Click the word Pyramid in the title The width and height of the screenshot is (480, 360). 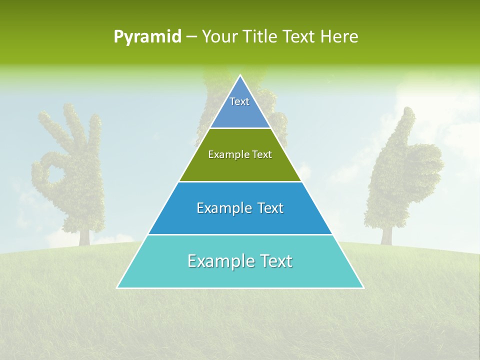point(147,37)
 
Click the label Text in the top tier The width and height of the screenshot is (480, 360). point(239,101)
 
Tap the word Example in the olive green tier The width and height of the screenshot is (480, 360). point(227,154)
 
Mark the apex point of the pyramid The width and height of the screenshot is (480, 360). point(240,76)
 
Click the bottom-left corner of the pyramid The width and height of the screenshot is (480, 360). point(117,287)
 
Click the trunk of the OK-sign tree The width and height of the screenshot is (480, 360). point(84,236)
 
